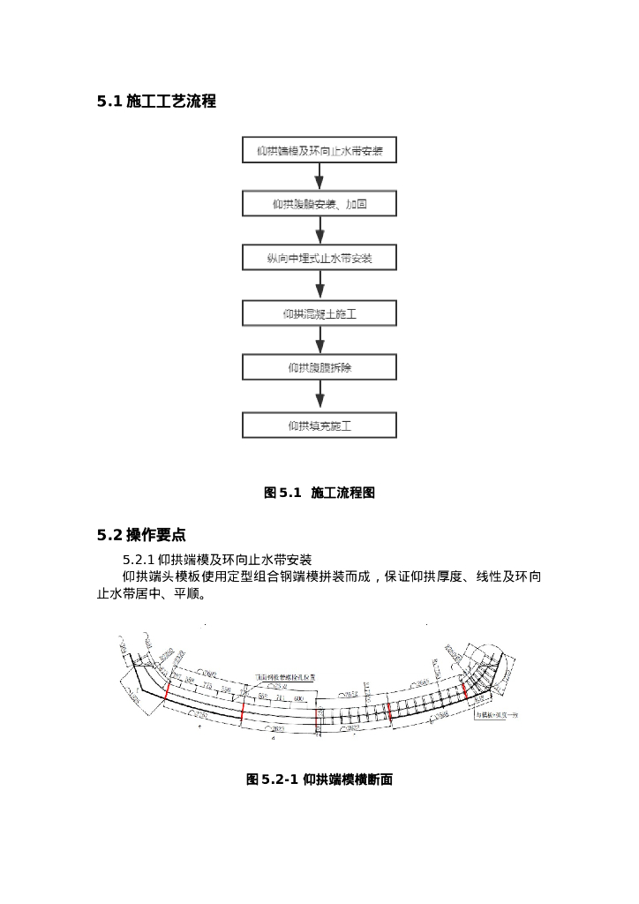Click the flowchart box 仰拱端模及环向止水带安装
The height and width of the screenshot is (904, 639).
click(x=319, y=150)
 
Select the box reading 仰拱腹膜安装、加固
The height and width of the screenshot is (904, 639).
click(x=319, y=204)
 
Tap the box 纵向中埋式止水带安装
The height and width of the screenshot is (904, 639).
click(x=319, y=258)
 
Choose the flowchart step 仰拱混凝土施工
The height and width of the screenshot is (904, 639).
click(x=319, y=313)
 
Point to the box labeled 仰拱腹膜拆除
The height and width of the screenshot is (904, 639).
click(x=319, y=367)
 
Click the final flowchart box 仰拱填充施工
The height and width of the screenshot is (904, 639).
click(x=319, y=426)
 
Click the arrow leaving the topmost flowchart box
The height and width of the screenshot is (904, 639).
click(x=319, y=177)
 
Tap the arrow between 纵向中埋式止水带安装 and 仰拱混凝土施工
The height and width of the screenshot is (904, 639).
click(x=319, y=285)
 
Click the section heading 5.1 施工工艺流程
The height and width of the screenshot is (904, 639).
click(x=156, y=102)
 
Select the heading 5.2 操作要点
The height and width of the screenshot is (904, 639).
click(x=141, y=535)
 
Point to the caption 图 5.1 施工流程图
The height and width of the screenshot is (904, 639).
click(x=319, y=493)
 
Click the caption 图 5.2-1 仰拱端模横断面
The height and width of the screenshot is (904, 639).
click(x=319, y=780)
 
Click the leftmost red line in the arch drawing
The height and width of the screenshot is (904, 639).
click(x=166, y=690)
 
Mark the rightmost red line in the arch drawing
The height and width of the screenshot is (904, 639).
click(x=464, y=689)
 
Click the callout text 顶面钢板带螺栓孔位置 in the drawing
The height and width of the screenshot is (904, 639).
click(x=285, y=676)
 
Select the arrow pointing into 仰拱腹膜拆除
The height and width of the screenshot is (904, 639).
click(x=319, y=341)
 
